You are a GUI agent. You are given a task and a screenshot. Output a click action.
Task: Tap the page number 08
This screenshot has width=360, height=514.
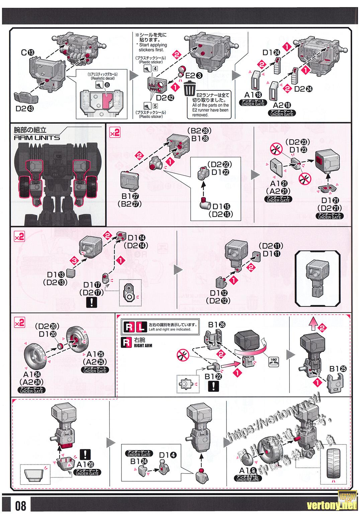coord(20,505)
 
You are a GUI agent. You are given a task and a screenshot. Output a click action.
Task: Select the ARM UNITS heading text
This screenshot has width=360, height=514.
coord(37,137)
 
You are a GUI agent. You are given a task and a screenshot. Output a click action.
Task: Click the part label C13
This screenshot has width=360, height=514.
coord(28,52)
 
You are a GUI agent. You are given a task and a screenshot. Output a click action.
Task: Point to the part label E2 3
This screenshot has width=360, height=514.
coord(195,75)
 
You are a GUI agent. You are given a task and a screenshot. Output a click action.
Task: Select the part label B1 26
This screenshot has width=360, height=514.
coord(217,324)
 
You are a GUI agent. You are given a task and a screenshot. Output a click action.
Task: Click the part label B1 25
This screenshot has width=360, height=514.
coord(338,369)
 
